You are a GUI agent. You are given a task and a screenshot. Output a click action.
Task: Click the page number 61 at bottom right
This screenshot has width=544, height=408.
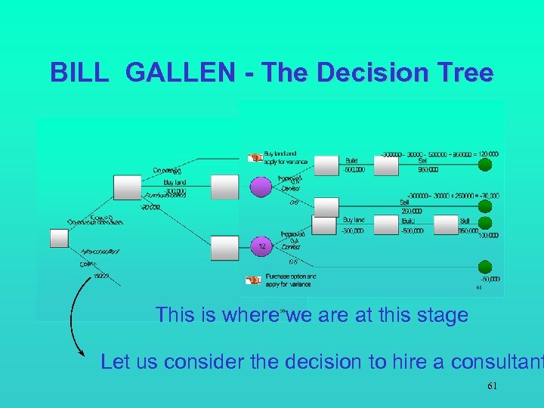click(x=492, y=386)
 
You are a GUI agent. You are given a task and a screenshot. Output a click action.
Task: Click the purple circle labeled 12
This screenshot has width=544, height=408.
click(x=261, y=246)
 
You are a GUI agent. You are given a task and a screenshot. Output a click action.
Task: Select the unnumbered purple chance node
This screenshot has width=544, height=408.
click(x=261, y=187)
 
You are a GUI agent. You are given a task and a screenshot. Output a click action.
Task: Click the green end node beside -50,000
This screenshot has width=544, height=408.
click(x=486, y=267)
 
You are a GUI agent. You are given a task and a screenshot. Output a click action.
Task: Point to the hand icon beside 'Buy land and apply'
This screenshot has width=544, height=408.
click(x=255, y=157)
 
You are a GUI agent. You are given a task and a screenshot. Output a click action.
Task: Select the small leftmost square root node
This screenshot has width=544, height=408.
click(x=59, y=238)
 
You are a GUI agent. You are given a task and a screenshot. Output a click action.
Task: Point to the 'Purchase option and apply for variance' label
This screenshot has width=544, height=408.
click(x=290, y=280)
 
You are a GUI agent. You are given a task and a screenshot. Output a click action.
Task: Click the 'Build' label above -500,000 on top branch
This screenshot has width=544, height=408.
click(x=351, y=161)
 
